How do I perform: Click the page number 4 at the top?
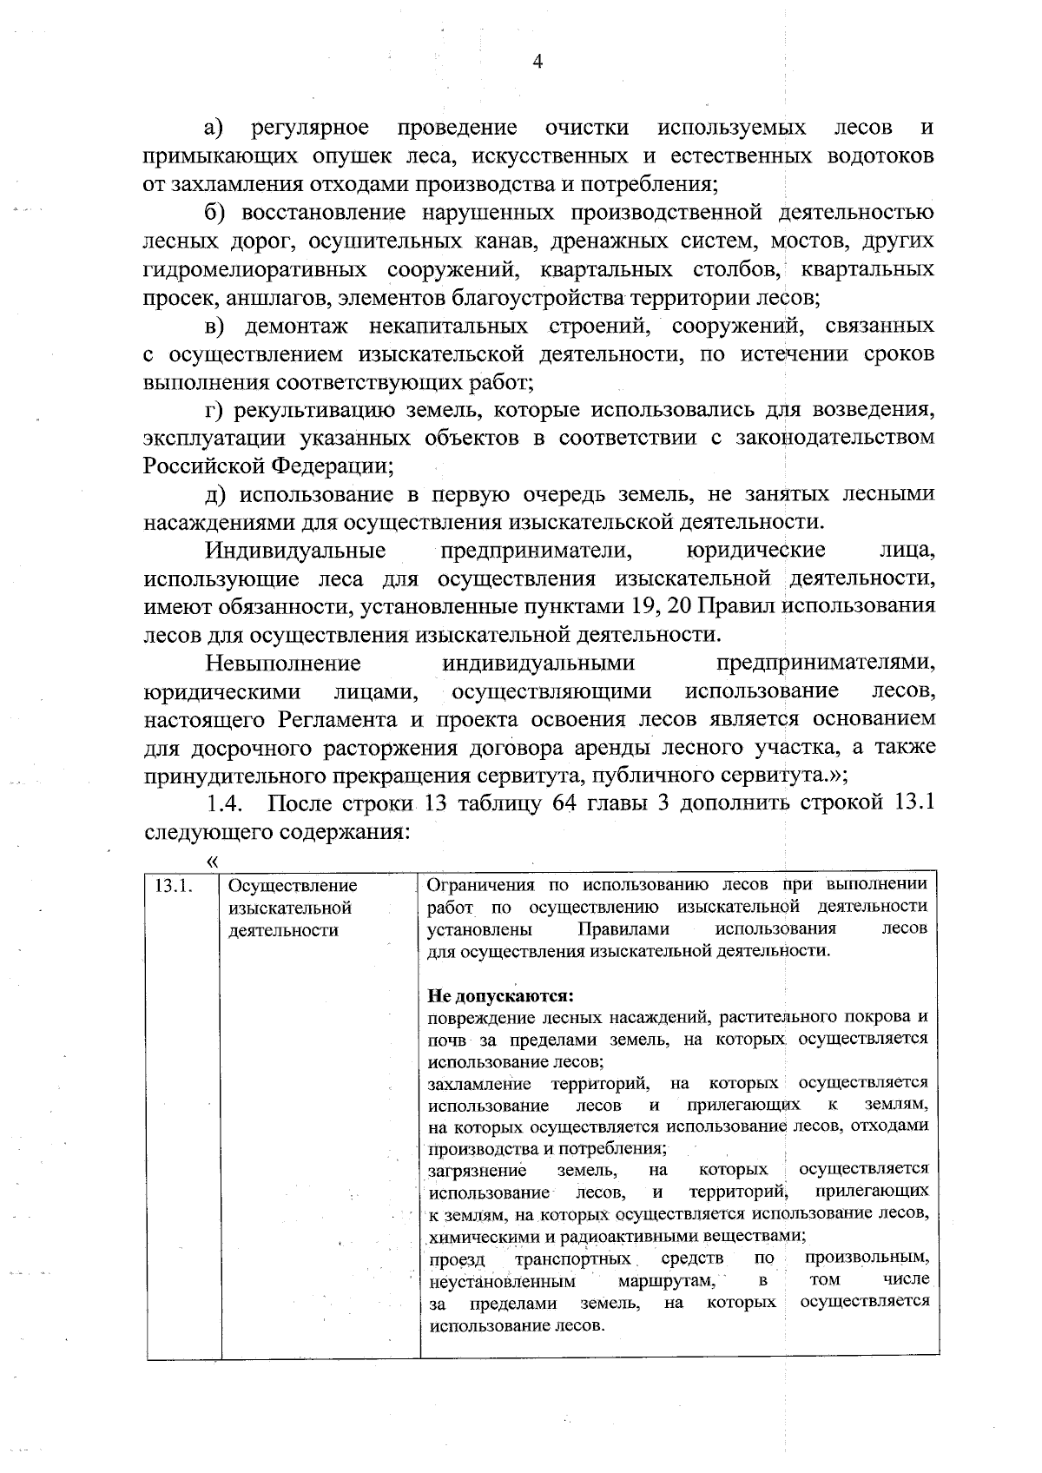click(x=536, y=61)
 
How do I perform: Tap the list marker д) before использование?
click(x=215, y=494)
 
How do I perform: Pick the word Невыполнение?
click(x=283, y=664)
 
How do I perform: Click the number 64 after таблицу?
click(x=564, y=802)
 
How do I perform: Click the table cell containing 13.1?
click(x=172, y=886)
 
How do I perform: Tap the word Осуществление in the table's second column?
click(x=293, y=886)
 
